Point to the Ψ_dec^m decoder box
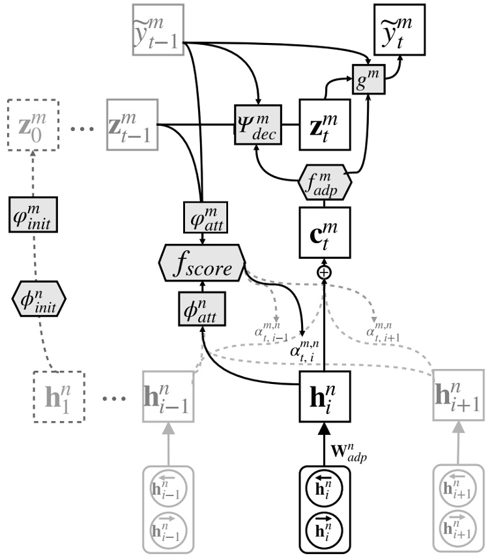[x=258, y=124]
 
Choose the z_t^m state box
[x=324, y=124]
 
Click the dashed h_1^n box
[x=59, y=396]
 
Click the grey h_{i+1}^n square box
[x=459, y=396]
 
